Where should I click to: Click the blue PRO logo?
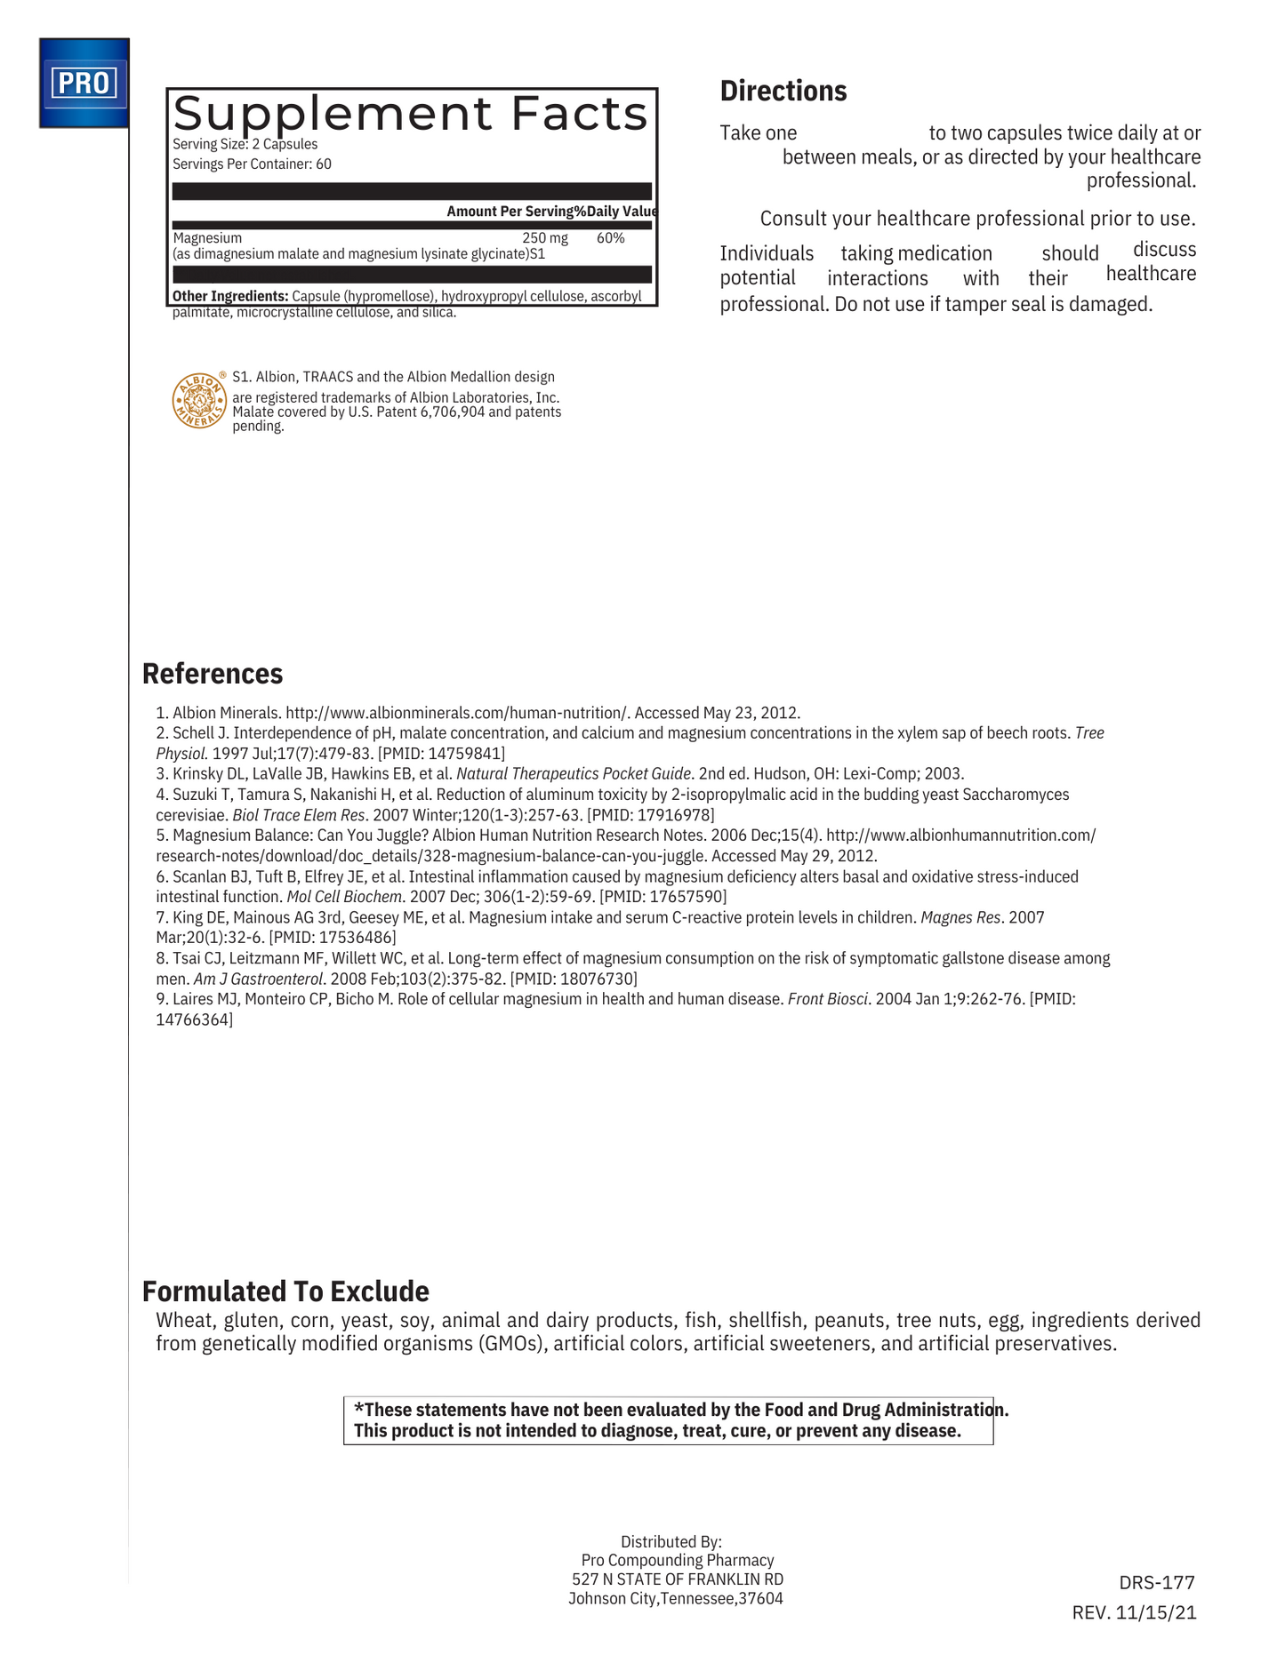[x=84, y=83]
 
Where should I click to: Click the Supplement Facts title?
[x=410, y=114]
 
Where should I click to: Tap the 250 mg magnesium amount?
[x=544, y=238]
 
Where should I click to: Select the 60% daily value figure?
[x=610, y=238]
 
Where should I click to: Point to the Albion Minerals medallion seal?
[x=198, y=400]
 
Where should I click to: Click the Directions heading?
[x=783, y=91]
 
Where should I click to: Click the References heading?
[x=213, y=674]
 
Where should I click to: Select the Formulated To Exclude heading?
[x=285, y=1291]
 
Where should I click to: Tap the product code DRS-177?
[x=1156, y=1582]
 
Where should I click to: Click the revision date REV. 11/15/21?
[x=1134, y=1612]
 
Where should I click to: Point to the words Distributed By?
[x=671, y=1541]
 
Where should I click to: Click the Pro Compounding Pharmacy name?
[x=677, y=1560]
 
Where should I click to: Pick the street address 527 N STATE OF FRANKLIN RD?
[x=677, y=1579]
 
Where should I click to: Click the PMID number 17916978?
[x=676, y=815]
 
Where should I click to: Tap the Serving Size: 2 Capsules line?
[x=245, y=144]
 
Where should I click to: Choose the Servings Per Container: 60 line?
[x=252, y=164]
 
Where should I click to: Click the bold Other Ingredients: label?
[x=230, y=296]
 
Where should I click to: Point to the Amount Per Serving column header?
[x=510, y=211]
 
